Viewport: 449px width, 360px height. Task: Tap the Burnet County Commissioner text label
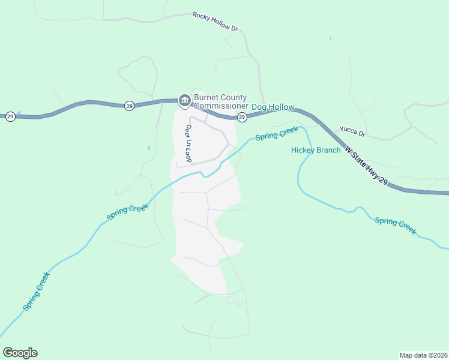pos(221,102)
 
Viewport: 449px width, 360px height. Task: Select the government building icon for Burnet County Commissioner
pos(184,100)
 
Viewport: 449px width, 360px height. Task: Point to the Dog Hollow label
pos(273,107)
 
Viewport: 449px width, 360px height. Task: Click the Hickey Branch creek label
pos(316,150)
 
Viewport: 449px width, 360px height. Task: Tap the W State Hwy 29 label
pos(366,169)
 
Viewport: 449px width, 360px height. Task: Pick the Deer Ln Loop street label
pos(187,144)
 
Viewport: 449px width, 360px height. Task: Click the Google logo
pos(20,353)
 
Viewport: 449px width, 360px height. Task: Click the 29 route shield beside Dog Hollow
pos(242,116)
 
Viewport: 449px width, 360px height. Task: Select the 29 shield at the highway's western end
pos(10,116)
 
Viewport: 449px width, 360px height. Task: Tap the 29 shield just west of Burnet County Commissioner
pos(130,106)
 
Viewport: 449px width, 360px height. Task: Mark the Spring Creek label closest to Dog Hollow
pos(277,133)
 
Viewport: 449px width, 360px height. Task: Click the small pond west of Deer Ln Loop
pos(148,147)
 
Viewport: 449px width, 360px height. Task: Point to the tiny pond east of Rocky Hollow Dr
pos(330,39)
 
